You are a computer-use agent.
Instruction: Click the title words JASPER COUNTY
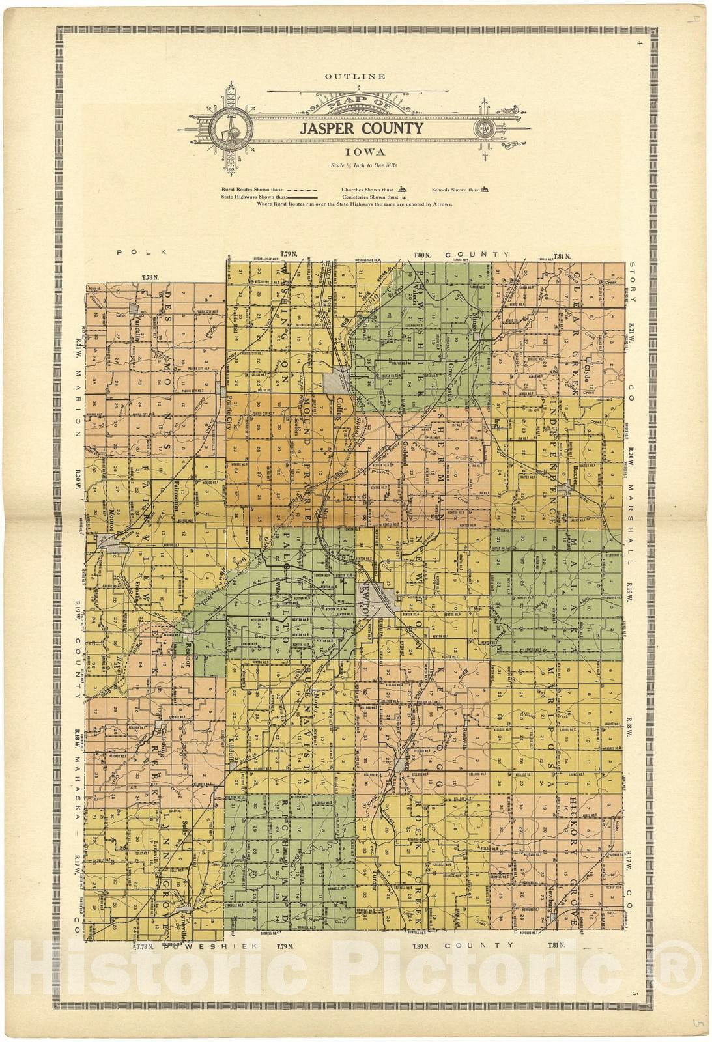click(x=361, y=128)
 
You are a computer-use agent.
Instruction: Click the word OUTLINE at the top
click(x=356, y=76)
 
